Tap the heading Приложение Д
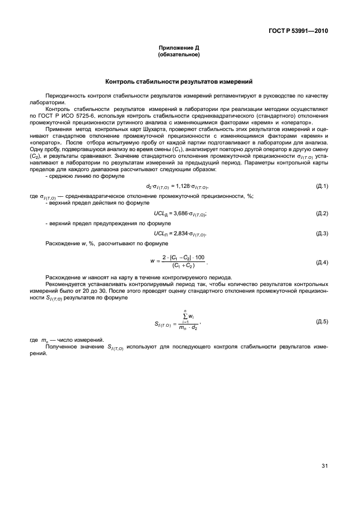pyautogui.click(x=179, y=49)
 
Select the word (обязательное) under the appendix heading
pyautogui.click(x=179, y=55)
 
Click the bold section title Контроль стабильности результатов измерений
pyautogui.click(x=179, y=81)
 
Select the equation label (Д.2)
pyautogui.click(x=322, y=214)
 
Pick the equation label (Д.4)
pyautogui.click(x=322, y=261)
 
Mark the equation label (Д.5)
pyautogui.click(x=322, y=322)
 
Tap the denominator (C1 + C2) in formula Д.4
pyautogui.click(x=186, y=266)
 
